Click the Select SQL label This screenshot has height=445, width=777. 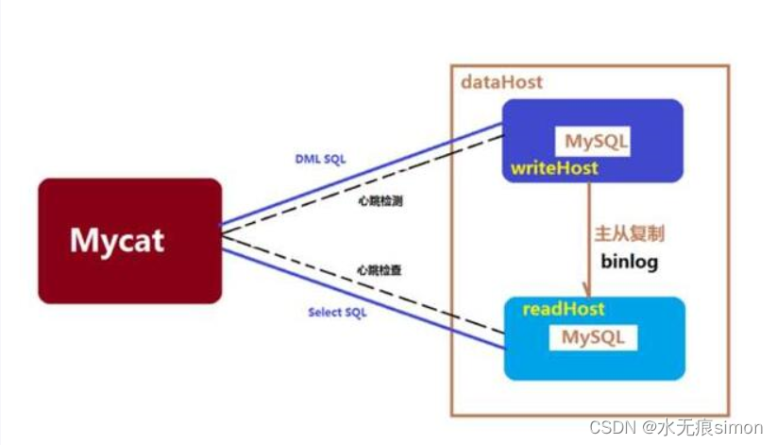point(337,312)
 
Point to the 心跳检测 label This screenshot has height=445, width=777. point(379,200)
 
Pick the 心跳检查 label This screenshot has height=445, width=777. point(379,270)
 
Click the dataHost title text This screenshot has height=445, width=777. point(501,82)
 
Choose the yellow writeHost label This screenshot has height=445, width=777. point(555,168)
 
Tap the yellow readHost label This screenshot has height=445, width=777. point(564,309)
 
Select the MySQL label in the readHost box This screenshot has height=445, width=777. point(594,337)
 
